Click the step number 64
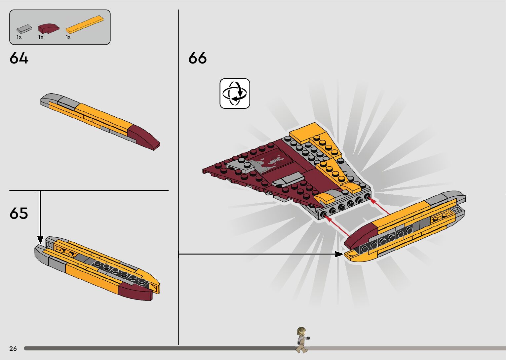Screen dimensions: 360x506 [19, 58]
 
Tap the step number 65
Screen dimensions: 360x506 [19, 214]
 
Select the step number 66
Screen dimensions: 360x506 [197, 58]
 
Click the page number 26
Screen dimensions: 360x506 [13, 348]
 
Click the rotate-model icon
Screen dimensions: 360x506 [235, 93]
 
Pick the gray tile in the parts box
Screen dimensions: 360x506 [24, 29]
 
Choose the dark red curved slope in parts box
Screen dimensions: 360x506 [49, 28]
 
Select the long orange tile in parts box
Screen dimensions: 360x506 [88, 24]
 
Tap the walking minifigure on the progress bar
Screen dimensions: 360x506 [302, 340]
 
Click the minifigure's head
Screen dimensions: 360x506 [301, 331]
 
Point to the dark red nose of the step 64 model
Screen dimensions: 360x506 [144, 137]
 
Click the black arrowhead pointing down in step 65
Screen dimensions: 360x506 [40, 239]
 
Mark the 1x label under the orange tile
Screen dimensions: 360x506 [68, 37]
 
